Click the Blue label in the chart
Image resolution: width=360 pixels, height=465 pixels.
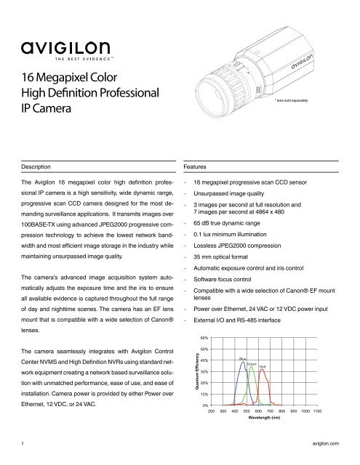click(242, 359)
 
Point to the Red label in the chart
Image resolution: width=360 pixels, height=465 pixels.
click(263, 367)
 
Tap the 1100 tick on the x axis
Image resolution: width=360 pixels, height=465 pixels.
click(316, 411)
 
